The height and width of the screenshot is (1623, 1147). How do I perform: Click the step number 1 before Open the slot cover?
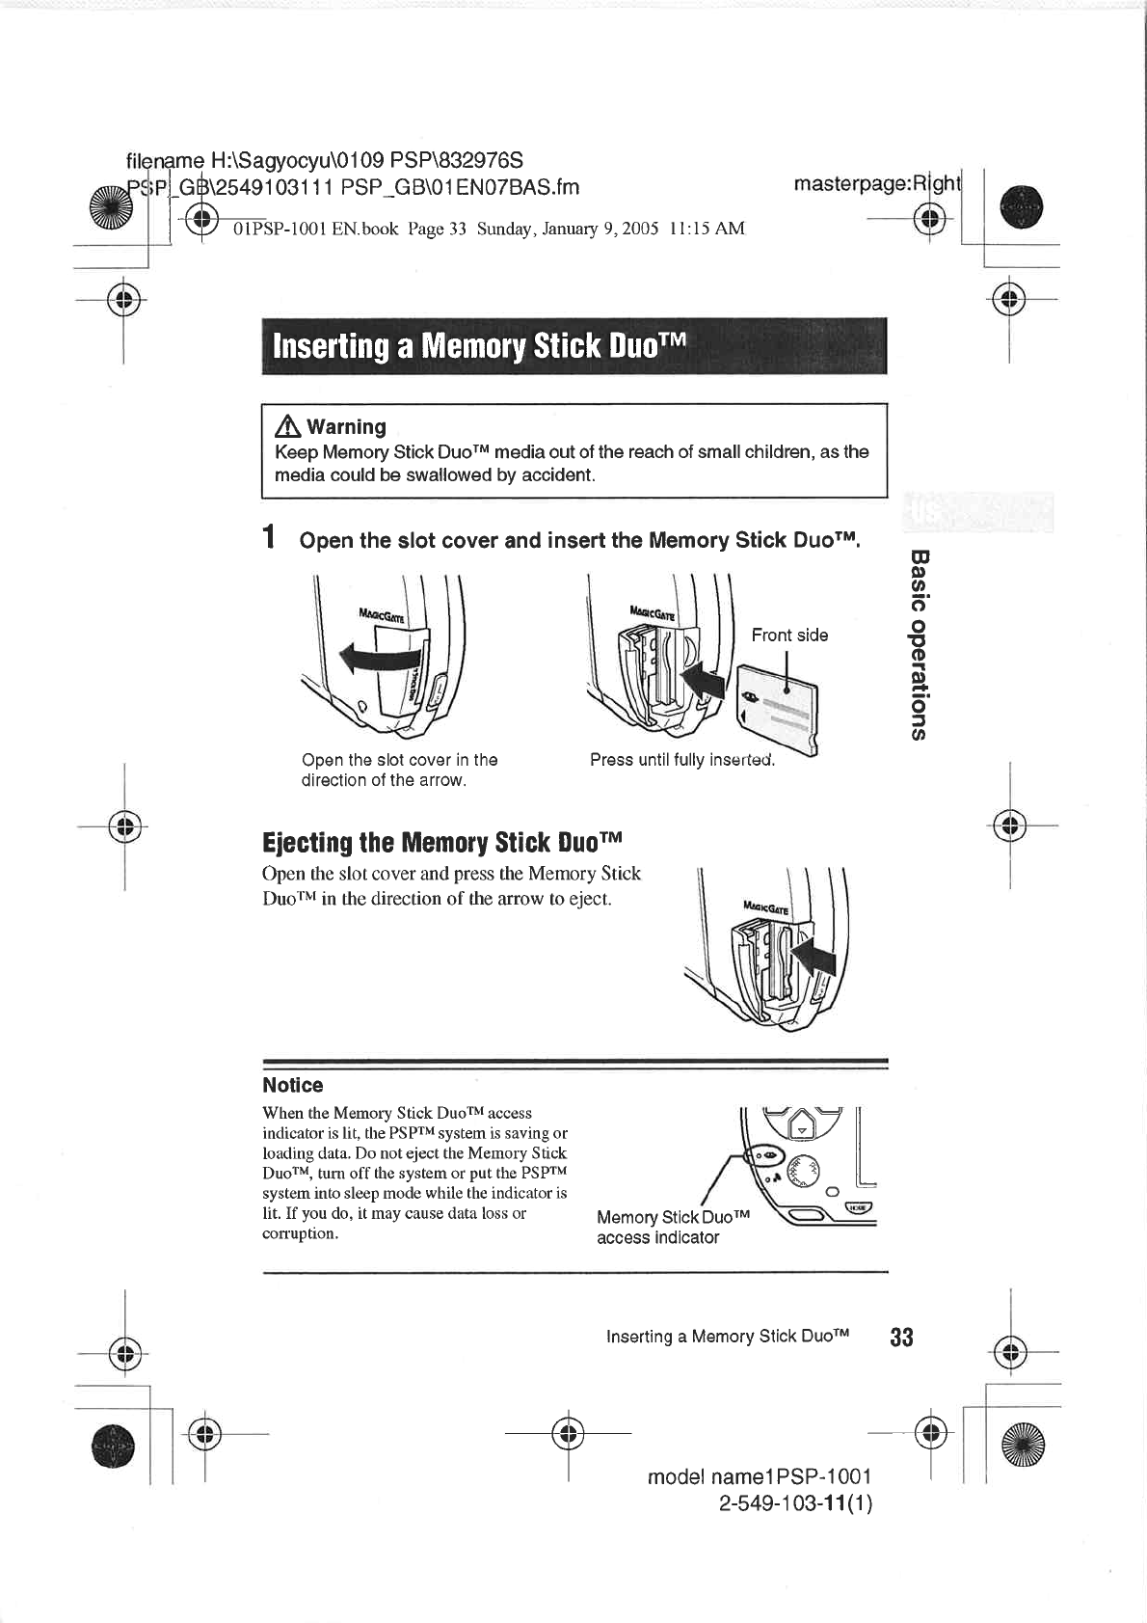pos(271,537)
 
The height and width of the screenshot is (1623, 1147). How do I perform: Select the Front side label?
pos(789,635)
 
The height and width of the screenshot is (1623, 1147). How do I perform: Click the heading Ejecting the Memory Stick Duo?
pos(442,843)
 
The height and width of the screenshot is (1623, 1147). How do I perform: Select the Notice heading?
pos(293,1085)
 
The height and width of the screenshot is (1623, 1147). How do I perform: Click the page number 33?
pos(901,1337)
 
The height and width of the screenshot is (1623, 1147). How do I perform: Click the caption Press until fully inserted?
pos(682,760)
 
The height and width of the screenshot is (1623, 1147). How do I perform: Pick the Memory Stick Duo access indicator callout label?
pos(672,1227)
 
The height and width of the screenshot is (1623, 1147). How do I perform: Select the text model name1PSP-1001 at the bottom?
pos(760,1476)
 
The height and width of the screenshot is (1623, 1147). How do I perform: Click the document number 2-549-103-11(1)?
pos(795,1503)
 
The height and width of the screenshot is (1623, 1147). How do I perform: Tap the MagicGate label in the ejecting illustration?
pos(766,908)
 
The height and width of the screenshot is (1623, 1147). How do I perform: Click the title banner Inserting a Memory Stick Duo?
pos(573,346)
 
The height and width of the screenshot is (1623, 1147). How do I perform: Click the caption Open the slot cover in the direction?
pos(399,770)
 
